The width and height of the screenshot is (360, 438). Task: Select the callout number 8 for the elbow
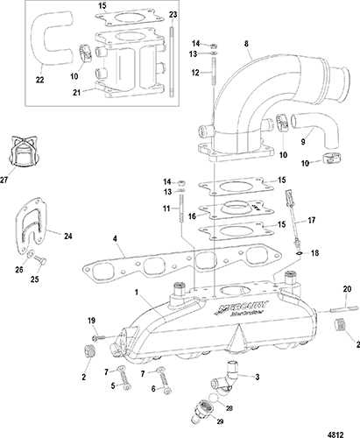(x=246, y=44)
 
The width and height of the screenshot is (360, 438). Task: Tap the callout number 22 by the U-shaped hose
(x=39, y=80)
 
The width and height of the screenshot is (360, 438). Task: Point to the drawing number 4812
(x=335, y=434)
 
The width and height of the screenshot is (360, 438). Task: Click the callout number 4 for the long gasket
(x=115, y=239)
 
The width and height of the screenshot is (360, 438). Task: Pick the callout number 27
(x=4, y=180)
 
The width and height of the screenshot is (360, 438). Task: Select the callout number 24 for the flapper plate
(x=68, y=236)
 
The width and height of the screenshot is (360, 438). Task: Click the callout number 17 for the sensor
(x=312, y=220)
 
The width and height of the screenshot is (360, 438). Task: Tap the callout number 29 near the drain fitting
(x=220, y=421)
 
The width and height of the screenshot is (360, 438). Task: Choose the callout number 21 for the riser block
(x=77, y=92)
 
